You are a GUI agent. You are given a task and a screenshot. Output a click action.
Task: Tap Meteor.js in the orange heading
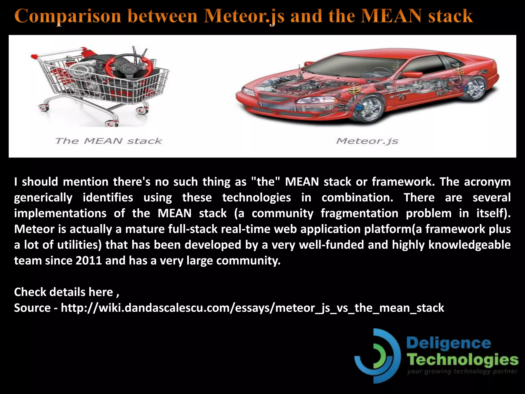point(244,16)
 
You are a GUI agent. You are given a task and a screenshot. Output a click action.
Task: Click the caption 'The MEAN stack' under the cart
point(108,141)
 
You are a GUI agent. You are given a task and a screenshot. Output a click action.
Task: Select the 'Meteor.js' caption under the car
point(367,141)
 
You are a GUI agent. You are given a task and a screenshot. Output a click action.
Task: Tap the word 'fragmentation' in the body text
point(359,213)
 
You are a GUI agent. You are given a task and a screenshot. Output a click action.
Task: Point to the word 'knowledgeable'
point(469,245)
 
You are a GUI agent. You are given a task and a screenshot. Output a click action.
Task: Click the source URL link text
point(252,308)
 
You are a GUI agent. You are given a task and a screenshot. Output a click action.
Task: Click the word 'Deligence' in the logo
point(449,343)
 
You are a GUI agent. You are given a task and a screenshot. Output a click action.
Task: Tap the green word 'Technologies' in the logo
point(463,360)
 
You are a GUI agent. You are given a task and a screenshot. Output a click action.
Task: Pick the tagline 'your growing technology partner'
point(462,372)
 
